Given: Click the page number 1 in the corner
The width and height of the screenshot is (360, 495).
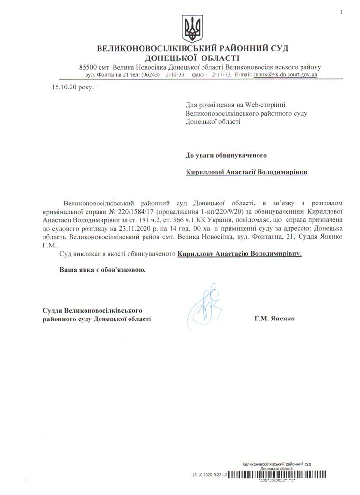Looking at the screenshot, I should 341,11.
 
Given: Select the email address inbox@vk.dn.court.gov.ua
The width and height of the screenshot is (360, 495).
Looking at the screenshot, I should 288,75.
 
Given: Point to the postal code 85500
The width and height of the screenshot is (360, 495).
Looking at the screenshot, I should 89,67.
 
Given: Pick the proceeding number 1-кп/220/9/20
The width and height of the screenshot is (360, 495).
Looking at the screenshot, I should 227,213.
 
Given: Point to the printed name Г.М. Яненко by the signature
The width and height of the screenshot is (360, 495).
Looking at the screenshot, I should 273,319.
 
